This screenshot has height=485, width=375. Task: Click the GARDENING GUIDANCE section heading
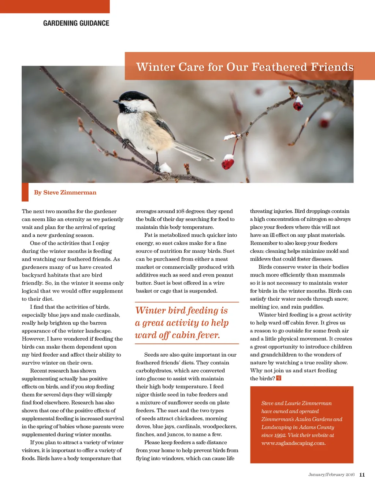(x=76, y=23)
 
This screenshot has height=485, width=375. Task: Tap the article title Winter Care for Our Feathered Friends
(x=245, y=67)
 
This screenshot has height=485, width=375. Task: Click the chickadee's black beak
(x=115, y=102)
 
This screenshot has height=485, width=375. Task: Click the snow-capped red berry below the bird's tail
(x=228, y=162)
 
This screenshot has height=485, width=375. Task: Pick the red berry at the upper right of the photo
(x=298, y=105)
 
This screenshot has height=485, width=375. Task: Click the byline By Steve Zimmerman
(x=65, y=193)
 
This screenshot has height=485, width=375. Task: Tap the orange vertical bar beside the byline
(x=25, y=192)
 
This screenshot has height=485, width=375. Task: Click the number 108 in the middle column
(x=180, y=211)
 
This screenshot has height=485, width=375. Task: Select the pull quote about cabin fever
(x=182, y=323)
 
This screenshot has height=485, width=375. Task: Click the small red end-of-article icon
(x=279, y=378)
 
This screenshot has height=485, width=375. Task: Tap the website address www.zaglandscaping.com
(x=293, y=443)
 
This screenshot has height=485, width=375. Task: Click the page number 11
(x=362, y=475)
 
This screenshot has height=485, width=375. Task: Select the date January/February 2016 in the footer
(x=331, y=475)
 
